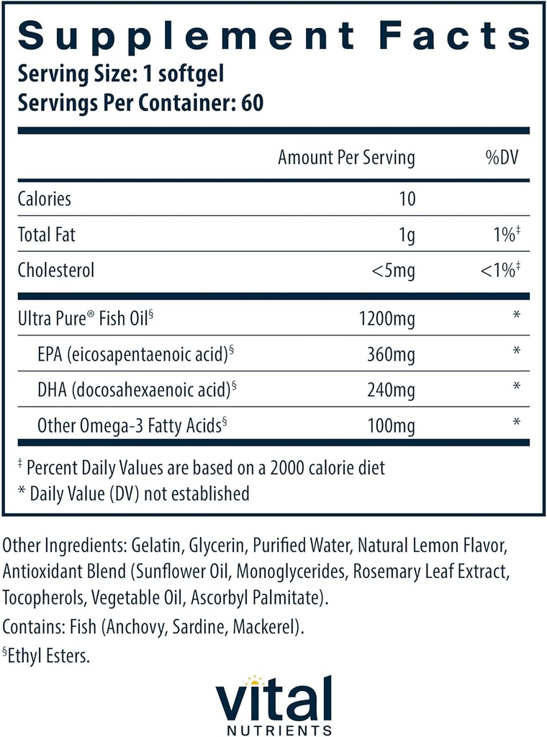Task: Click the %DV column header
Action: (502, 158)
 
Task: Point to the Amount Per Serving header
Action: (346, 158)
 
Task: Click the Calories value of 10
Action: (407, 198)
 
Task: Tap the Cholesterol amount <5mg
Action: (392, 271)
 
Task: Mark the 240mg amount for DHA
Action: (392, 389)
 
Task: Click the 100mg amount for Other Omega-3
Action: (392, 426)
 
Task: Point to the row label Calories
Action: (45, 198)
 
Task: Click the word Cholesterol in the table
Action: (56, 271)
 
